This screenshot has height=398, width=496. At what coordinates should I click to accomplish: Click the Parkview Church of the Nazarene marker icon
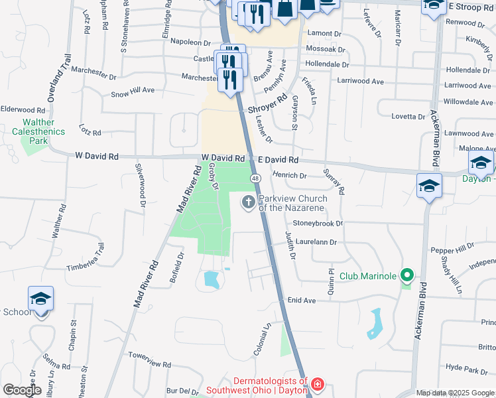pos(249,202)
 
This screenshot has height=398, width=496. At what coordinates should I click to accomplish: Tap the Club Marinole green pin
pos(407,275)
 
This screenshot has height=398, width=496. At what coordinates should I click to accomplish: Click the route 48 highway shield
pos(255,178)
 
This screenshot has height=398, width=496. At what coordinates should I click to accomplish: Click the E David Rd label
pos(279,160)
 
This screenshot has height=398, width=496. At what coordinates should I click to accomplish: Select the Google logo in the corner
pos(21,390)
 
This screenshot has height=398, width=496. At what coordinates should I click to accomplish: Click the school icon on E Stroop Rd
pos(434,7)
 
